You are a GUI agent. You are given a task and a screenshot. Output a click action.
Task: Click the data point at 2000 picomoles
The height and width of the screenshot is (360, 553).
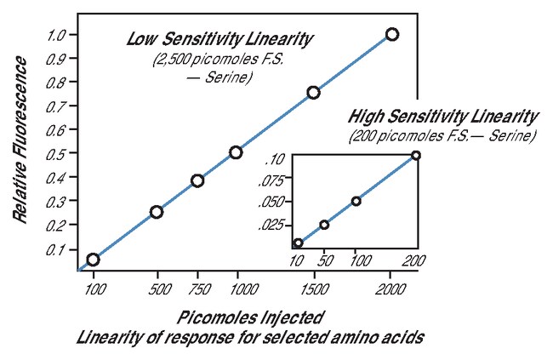point(391,35)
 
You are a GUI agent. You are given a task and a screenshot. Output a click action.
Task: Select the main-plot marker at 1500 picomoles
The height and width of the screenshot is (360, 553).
point(313,92)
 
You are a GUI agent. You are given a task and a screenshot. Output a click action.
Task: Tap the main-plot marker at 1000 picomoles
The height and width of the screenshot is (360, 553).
point(236,152)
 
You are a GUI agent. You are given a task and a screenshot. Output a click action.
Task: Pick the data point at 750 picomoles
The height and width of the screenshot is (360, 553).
point(197,180)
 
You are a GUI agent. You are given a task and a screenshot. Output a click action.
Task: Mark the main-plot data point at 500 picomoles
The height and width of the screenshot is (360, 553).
point(157,212)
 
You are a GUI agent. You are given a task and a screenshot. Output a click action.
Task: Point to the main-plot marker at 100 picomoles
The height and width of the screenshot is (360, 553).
point(93,260)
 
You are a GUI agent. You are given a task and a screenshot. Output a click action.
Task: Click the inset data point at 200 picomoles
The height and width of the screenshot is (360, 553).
point(416,155)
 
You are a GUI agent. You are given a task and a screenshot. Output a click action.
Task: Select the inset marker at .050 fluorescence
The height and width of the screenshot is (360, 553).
point(356,201)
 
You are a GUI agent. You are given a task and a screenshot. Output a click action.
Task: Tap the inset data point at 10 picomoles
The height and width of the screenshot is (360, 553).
point(298,243)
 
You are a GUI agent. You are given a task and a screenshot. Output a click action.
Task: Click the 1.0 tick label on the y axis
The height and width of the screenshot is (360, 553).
point(57,35)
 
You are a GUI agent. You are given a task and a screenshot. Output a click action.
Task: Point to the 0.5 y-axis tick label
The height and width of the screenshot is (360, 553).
point(57,153)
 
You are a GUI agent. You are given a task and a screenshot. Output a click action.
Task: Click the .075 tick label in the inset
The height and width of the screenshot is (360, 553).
point(273,180)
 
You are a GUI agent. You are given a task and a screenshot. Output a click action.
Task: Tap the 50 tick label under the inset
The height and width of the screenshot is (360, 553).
point(324,260)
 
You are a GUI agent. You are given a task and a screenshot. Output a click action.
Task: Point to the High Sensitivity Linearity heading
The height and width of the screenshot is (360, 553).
point(443,116)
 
